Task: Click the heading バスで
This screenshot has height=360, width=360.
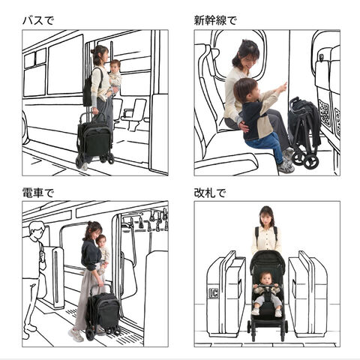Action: click(x=38, y=20)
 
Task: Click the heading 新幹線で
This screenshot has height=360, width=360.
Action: click(x=215, y=20)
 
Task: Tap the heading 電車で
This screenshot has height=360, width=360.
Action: click(x=38, y=193)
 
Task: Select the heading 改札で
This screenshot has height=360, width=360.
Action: click(x=210, y=193)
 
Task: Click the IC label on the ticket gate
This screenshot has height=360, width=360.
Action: click(x=213, y=292)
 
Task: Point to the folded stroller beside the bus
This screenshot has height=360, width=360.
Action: click(x=95, y=140)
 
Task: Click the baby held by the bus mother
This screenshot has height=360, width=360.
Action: click(x=115, y=76)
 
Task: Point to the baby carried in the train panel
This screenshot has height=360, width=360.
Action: click(x=103, y=253)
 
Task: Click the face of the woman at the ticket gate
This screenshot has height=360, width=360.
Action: click(x=266, y=218)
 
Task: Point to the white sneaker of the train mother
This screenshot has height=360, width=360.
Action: click(x=76, y=335)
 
